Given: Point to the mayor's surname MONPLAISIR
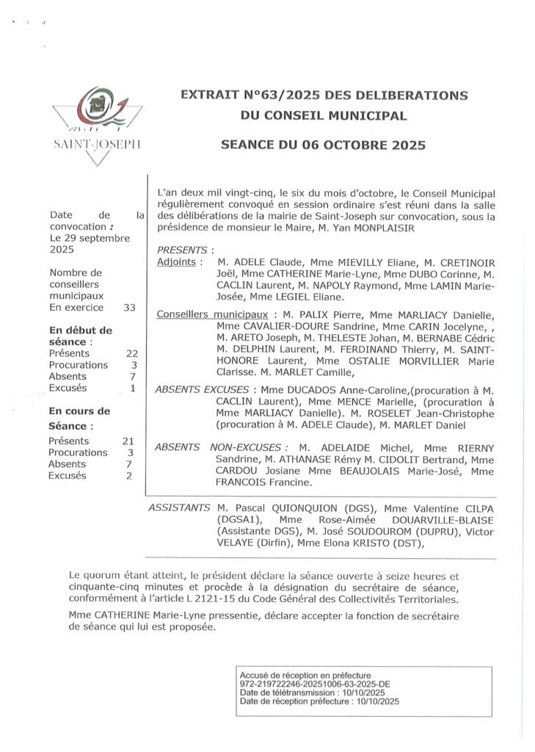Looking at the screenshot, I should [x=379, y=228].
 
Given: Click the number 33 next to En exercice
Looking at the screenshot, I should [x=129, y=308].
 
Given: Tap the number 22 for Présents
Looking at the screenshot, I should [x=131, y=352].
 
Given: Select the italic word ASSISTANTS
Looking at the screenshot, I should [x=179, y=507].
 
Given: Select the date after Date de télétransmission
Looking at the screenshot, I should [x=361, y=693].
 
